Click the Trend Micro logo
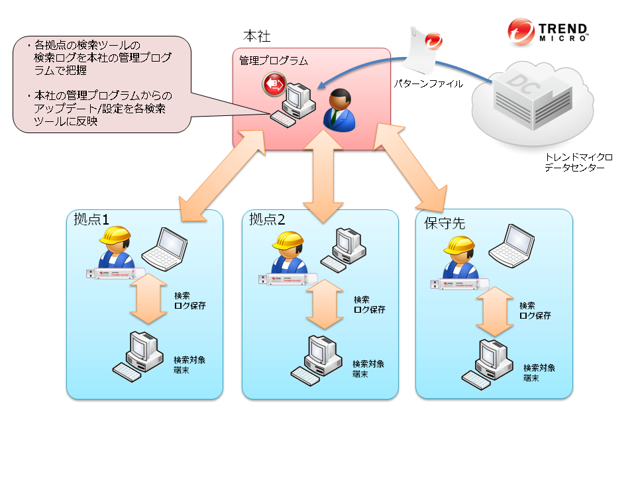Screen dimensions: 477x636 tap(547, 31)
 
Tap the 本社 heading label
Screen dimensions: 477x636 tap(257, 36)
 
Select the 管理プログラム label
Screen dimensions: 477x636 tap(274, 61)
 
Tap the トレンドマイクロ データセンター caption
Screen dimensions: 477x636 tap(578, 163)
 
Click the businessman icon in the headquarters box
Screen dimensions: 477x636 tap(339, 109)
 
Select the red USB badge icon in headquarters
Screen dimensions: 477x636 tap(273, 84)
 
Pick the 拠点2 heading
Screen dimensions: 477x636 tap(267, 220)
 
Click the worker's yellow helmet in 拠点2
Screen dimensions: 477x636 tap(288, 241)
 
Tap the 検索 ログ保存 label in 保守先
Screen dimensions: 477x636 tap(535, 311)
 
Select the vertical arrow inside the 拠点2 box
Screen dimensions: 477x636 tap(325, 304)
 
